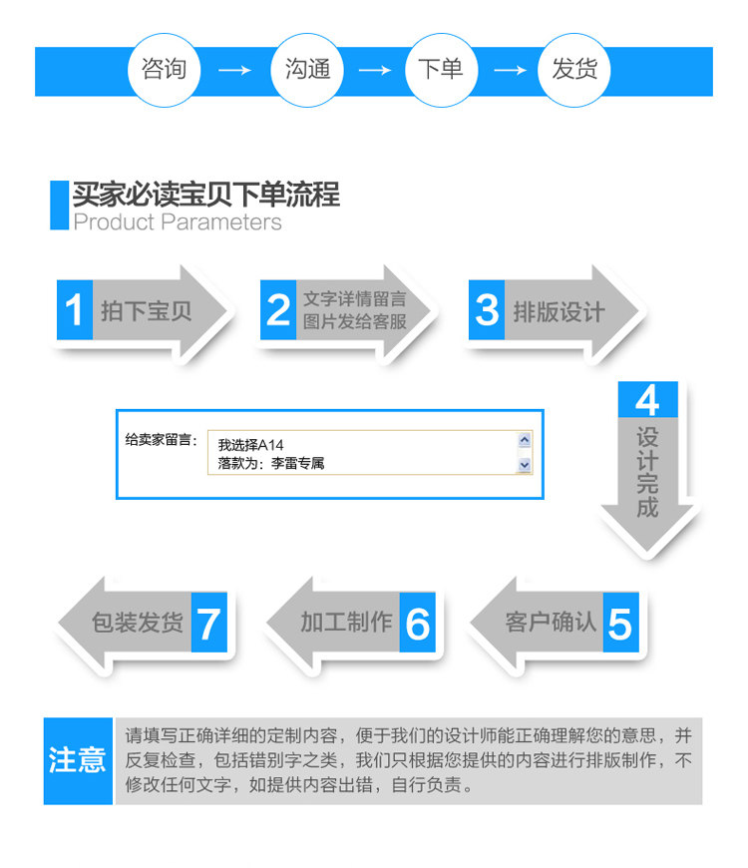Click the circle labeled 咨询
(164, 70)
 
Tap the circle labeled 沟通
(307, 70)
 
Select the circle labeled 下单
(441, 70)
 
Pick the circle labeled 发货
(574, 70)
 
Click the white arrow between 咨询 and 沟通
(235, 70)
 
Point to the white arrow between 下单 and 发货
(510, 70)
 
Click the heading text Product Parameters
(178, 222)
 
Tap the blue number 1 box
(75, 310)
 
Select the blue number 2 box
(278, 310)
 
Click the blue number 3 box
(487, 310)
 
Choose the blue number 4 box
(648, 399)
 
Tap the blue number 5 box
(620, 623)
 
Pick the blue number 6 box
(417, 623)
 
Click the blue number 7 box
(209, 623)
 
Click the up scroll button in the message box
(525, 440)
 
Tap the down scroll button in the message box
(525, 465)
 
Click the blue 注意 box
(78, 761)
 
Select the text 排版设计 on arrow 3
(559, 311)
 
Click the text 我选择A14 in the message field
(250, 445)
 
